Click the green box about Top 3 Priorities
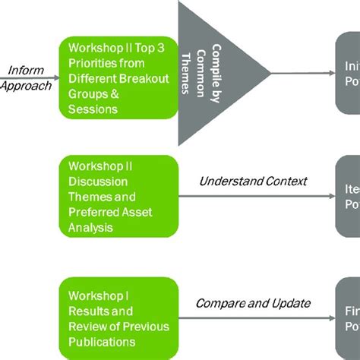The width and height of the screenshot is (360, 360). coord(118,79)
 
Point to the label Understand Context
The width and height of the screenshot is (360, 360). coord(253,181)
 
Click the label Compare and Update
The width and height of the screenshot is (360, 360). coord(253,303)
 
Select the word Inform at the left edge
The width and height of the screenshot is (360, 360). coord(25,71)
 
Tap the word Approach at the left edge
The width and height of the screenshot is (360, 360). coord(26,85)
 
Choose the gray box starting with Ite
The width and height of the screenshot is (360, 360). coord(348,195)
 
